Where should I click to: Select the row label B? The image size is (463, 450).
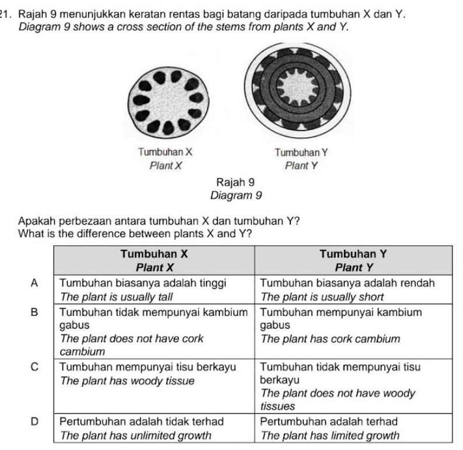coord(34,312)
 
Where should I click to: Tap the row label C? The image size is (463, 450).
coord(34,367)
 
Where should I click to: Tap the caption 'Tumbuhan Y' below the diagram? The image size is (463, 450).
coord(301,152)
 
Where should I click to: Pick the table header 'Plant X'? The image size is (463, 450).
coord(154,267)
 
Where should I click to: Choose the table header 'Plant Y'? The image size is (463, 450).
coord(355,267)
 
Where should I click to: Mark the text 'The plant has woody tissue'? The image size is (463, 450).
coord(124,380)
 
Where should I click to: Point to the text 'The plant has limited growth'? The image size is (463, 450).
coord(329,435)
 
